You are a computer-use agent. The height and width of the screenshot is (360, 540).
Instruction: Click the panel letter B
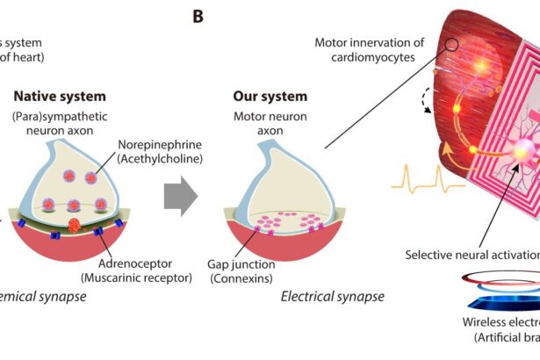pos(198,16)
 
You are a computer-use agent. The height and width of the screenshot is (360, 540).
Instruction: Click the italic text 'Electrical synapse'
pos(332,297)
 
